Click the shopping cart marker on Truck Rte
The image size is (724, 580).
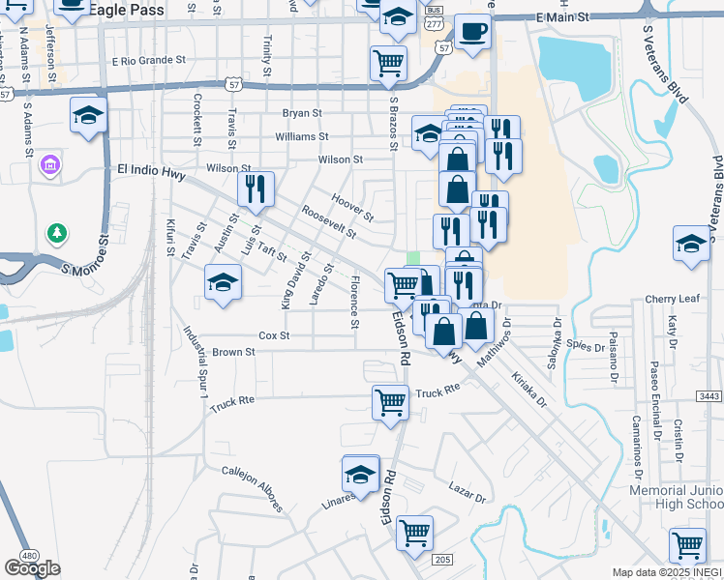tap(390, 400)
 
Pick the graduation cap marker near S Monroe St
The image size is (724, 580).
tap(88, 117)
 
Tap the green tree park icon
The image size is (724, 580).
tap(58, 233)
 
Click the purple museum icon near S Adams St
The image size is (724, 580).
tap(49, 166)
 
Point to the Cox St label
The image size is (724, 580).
tap(274, 335)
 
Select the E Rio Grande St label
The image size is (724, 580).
tap(148, 60)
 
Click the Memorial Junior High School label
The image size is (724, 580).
tap(676, 498)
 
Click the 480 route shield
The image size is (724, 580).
tap(29, 556)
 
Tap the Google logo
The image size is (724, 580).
tap(32, 568)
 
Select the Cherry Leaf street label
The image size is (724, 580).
tap(676, 299)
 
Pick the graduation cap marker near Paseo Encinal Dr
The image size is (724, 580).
tap(691, 244)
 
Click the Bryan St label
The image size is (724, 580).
tap(301, 113)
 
